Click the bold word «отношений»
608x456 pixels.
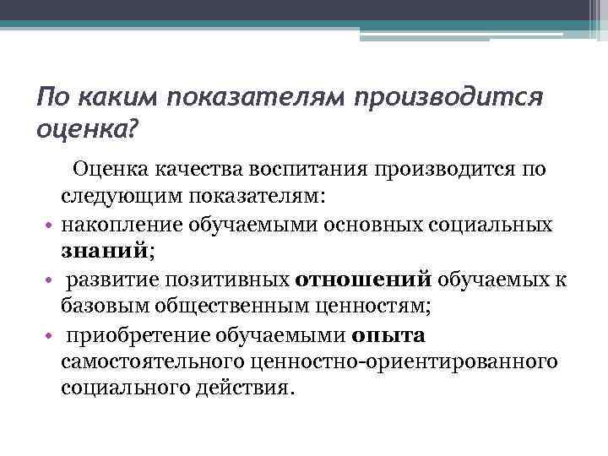[363, 280]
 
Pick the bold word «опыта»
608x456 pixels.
[389, 335]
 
